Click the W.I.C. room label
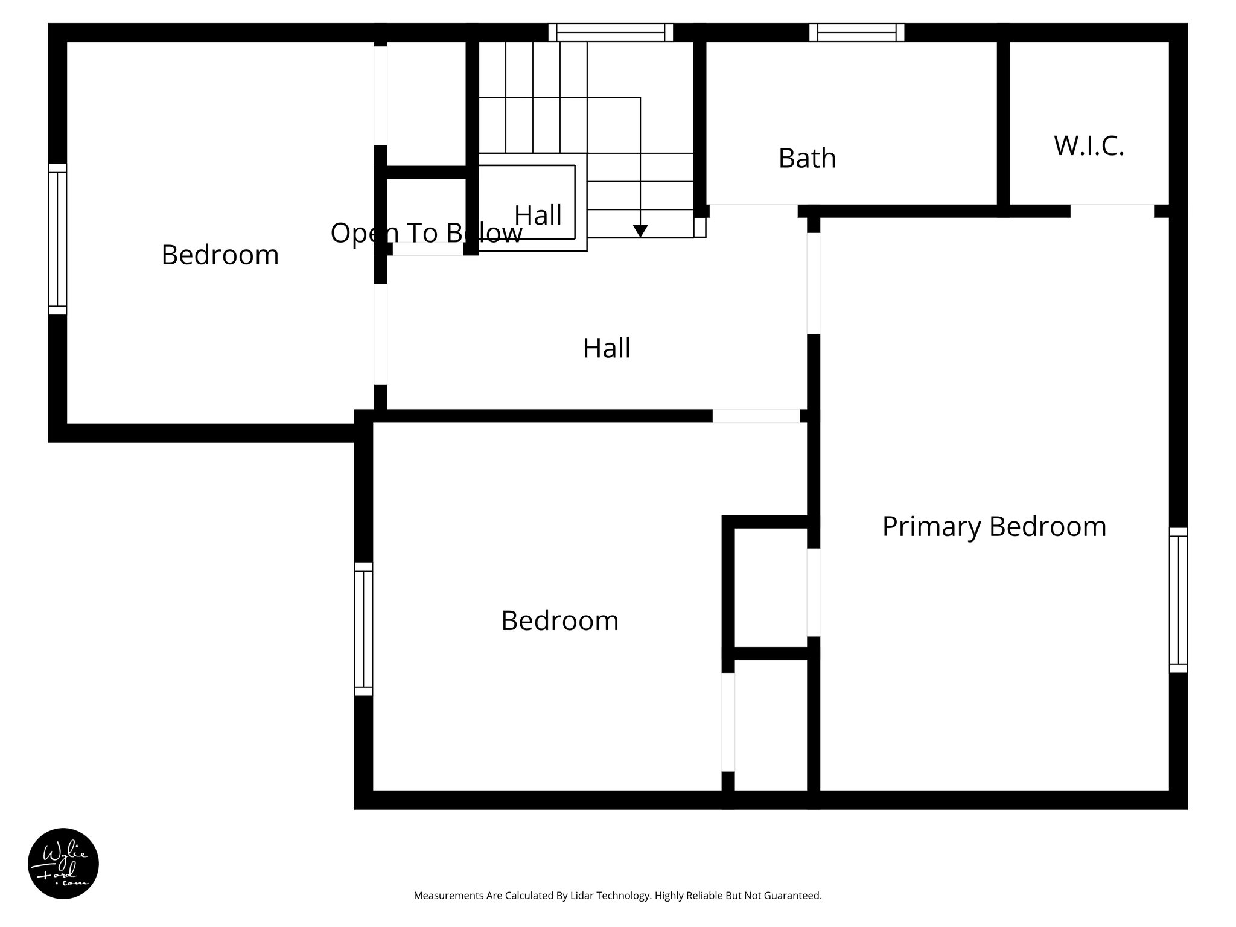1089,146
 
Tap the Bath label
807,158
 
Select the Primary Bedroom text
994,526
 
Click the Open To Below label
426,233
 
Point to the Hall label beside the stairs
538,215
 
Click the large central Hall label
607,348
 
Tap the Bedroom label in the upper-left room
220,255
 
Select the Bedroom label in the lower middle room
559,620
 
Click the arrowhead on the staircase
640,231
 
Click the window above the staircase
610,32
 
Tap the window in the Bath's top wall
856,32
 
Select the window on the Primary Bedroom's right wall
1178,600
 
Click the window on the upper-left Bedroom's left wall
57,239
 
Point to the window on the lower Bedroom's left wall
363,629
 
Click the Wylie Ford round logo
63,863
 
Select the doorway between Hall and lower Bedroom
756,416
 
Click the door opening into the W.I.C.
1112,211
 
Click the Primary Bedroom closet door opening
814,592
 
